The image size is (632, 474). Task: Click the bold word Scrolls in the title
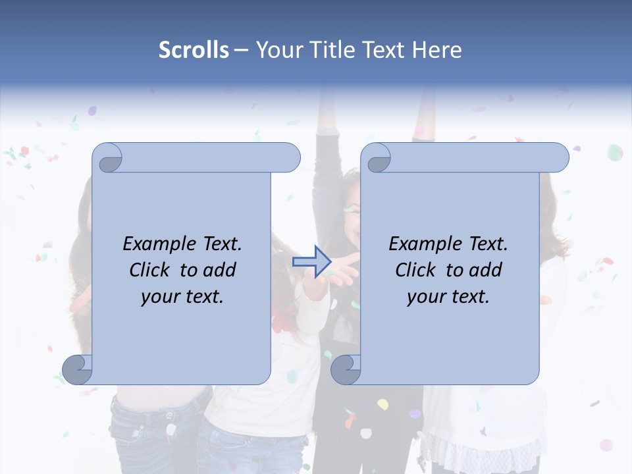click(194, 50)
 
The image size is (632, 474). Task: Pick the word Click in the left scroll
click(151, 270)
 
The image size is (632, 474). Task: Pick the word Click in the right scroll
click(417, 270)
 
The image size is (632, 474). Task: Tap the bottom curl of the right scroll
click(346, 370)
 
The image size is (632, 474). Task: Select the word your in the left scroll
click(159, 297)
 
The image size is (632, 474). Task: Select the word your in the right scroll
click(425, 297)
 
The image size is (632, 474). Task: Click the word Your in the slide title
click(278, 50)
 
